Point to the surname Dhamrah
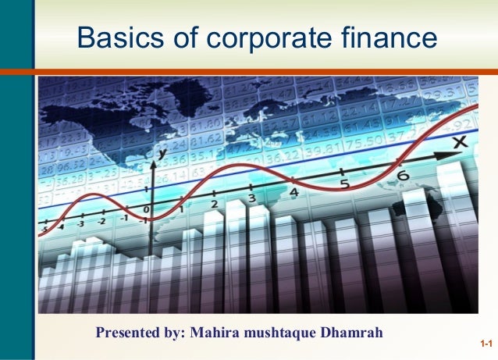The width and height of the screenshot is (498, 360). click(351, 333)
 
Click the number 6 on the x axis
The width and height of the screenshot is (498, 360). click(403, 176)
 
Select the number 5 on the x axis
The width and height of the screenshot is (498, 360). click(343, 185)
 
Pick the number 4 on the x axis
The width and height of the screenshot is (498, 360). click(293, 192)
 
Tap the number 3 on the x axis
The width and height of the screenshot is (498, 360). click(251, 199)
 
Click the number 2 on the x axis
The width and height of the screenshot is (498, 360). click(214, 205)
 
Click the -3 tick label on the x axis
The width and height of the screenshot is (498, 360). click(80, 224)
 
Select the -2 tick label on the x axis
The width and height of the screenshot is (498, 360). click(101, 221)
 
